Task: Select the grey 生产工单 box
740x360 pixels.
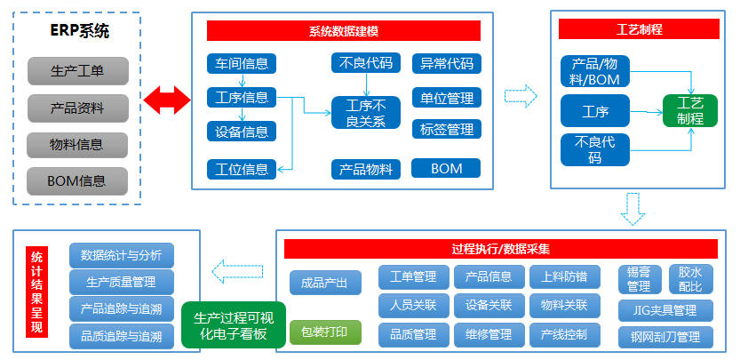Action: coord(77,70)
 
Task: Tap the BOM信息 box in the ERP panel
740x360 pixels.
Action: coord(77,181)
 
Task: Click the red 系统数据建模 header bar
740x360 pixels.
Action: coord(343,30)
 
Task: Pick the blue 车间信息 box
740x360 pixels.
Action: coord(242,63)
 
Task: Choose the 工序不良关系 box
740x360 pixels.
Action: coord(365,114)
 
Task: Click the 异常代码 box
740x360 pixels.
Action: coord(446,63)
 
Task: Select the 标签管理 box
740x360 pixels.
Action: coord(446,129)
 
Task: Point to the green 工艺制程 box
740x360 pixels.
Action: coord(689,111)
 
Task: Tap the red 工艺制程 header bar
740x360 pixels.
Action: coord(639,28)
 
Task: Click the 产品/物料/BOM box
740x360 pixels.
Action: coord(596,71)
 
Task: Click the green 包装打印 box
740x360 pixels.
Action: coord(325,332)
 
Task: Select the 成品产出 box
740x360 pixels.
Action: coord(325,283)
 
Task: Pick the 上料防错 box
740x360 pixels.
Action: coord(564,277)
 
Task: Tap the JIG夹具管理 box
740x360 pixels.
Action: coord(665,310)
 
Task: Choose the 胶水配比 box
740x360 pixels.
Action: coord(690,280)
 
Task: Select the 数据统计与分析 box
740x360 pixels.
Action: coord(121,256)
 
